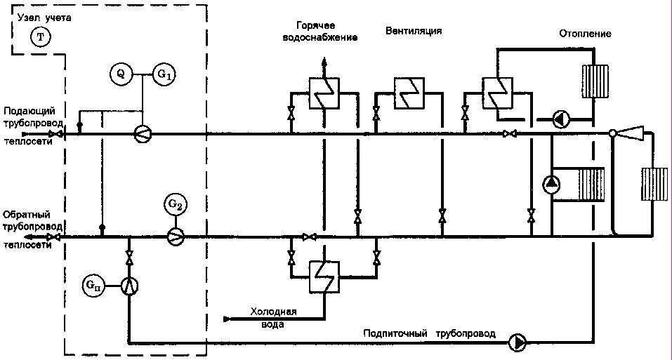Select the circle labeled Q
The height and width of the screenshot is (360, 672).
[x=121, y=72]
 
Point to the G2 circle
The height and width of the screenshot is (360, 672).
[x=176, y=205]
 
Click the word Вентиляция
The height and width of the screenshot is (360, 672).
[x=414, y=32]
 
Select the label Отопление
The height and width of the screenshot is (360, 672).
[x=586, y=34]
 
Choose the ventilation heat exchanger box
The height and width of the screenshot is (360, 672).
[x=407, y=93]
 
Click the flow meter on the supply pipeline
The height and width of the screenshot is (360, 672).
[x=143, y=133]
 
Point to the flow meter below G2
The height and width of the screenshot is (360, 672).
[x=176, y=236]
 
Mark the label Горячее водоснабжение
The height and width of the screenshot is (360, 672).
[x=322, y=32]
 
